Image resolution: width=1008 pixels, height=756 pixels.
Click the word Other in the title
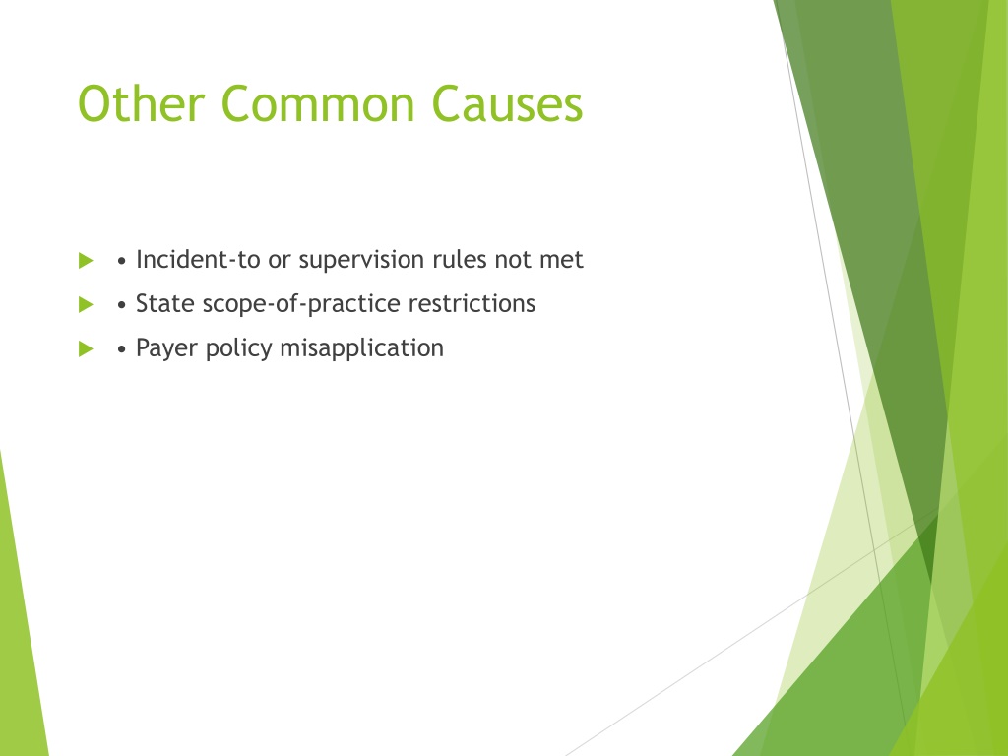point(142,103)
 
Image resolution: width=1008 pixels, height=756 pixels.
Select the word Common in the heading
point(318,104)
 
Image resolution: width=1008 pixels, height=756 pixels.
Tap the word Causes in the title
point(507,104)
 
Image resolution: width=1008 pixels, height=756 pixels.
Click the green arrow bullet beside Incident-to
point(87,260)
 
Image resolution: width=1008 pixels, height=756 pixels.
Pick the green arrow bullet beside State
point(87,304)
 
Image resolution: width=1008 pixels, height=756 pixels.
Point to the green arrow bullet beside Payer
point(87,349)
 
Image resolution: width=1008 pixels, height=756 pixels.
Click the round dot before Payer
point(121,349)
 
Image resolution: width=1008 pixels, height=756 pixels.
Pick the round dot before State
point(121,305)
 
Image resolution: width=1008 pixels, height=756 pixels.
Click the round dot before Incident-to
point(121,261)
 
